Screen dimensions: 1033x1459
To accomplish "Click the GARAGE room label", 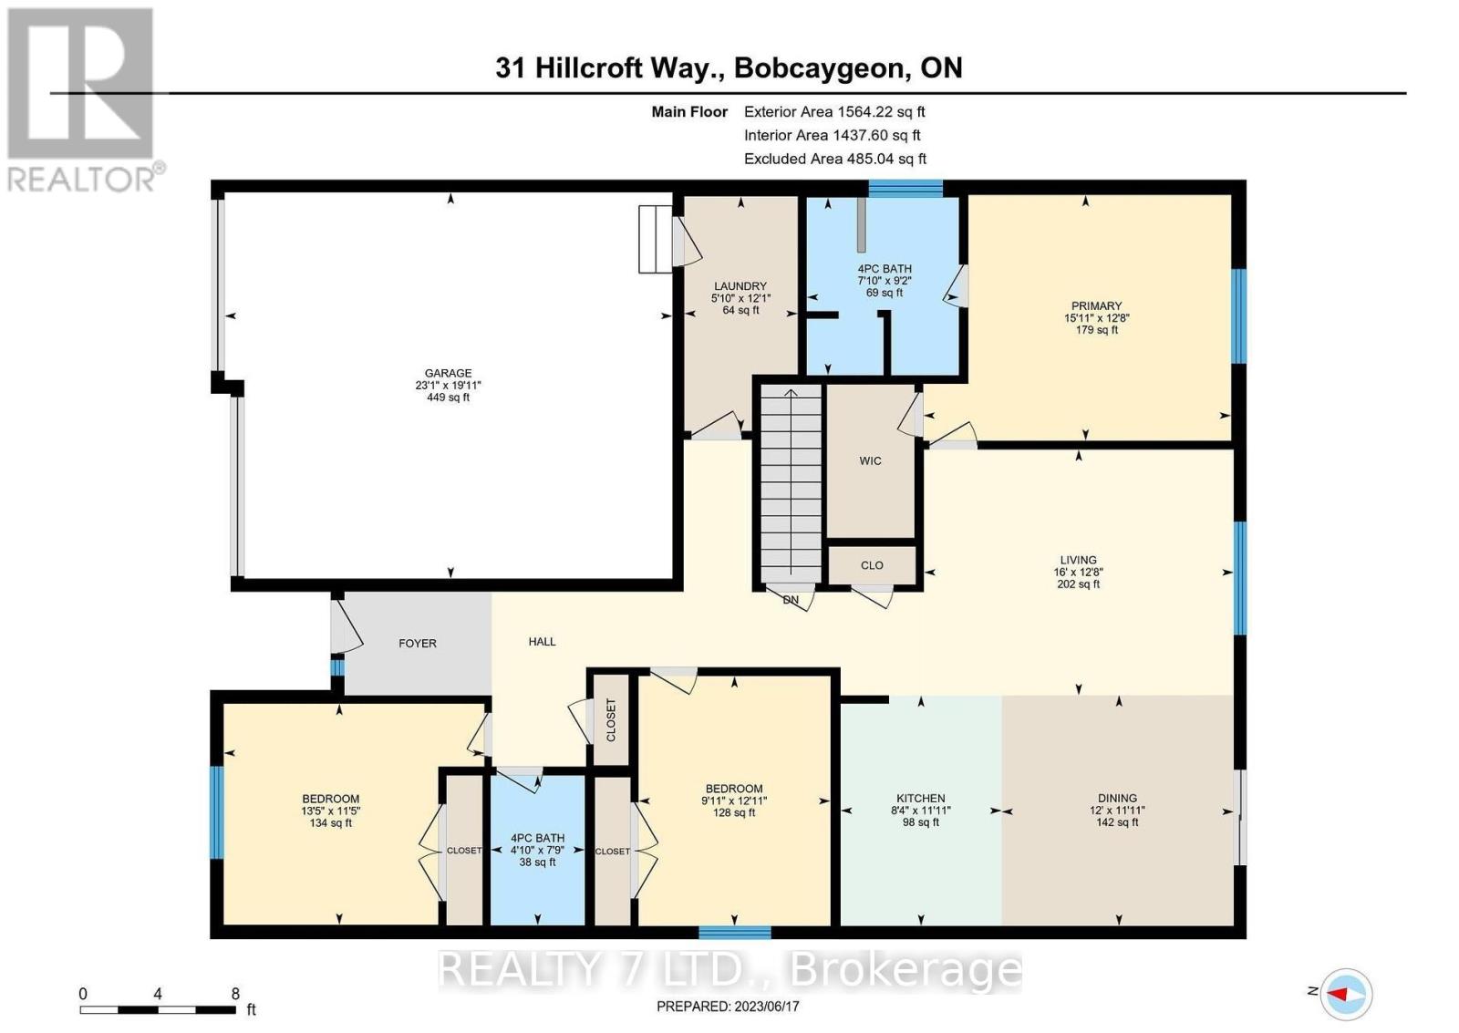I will [448, 373].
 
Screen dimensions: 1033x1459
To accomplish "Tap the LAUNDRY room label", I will [740, 286].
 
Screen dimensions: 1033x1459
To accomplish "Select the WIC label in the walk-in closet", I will [870, 461].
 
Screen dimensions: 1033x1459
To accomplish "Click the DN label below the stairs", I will [791, 600].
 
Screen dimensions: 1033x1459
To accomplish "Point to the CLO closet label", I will [872, 565].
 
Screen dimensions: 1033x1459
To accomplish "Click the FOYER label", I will [418, 644].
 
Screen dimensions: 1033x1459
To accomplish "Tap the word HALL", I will [542, 642].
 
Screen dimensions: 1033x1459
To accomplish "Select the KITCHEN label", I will [920, 799].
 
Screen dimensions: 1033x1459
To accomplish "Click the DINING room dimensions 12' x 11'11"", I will [1117, 811].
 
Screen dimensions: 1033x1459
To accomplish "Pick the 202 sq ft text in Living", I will [1078, 584].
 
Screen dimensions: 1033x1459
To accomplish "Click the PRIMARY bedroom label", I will [1096, 306].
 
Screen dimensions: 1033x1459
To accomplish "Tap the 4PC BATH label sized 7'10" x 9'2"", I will [884, 269].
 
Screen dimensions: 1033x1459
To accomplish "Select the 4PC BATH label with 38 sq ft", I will [537, 838].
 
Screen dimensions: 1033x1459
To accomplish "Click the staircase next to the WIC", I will [791, 483].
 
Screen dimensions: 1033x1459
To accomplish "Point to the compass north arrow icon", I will [1346, 993].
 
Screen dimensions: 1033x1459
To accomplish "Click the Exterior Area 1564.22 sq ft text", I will [833, 112].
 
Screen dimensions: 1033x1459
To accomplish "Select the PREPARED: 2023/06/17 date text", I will [728, 1007].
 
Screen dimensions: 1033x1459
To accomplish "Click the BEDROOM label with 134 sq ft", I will [330, 799].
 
